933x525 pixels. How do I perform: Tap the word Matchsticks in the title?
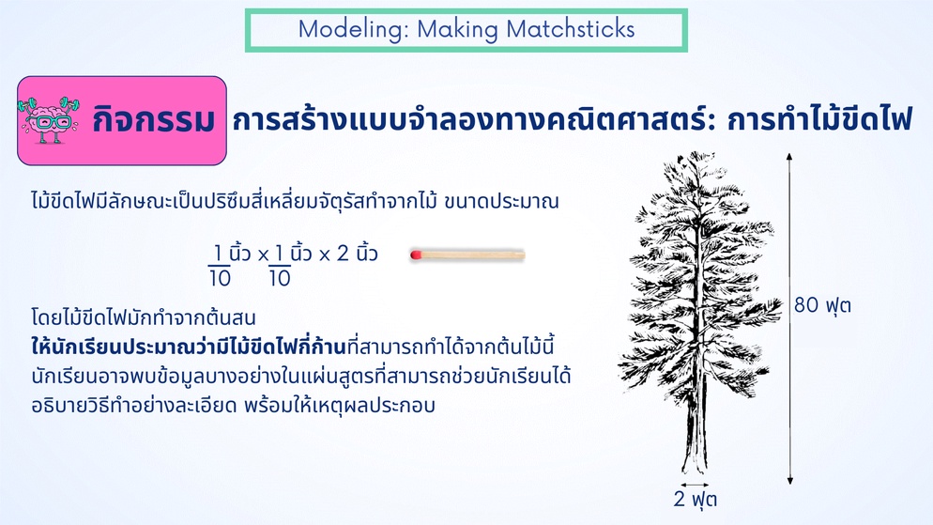570,30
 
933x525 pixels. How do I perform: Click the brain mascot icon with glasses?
51,120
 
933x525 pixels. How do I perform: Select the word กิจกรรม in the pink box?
154,121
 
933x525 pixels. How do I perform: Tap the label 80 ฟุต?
822,305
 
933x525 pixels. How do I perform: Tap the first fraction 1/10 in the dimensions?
219,266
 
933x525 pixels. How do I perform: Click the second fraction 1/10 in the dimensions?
280,266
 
